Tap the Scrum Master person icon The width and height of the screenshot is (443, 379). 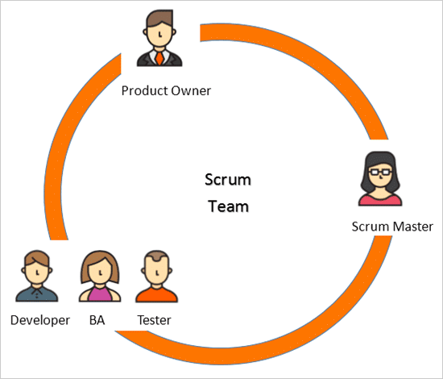click(x=379, y=178)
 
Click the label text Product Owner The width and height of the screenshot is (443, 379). click(x=166, y=90)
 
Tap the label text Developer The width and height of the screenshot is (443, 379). click(x=40, y=320)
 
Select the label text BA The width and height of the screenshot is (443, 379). click(x=97, y=320)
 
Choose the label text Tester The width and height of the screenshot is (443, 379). click(x=154, y=320)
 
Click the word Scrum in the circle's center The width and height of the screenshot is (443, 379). click(x=229, y=180)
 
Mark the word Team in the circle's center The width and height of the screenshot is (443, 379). click(x=229, y=206)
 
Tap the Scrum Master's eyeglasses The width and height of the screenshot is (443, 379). click(x=379, y=173)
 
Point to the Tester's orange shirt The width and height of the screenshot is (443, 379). click(x=155, y=294)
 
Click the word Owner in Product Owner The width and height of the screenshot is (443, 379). click(x=190, y=90)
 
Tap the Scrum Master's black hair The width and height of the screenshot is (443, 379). click(x=379, y=159)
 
